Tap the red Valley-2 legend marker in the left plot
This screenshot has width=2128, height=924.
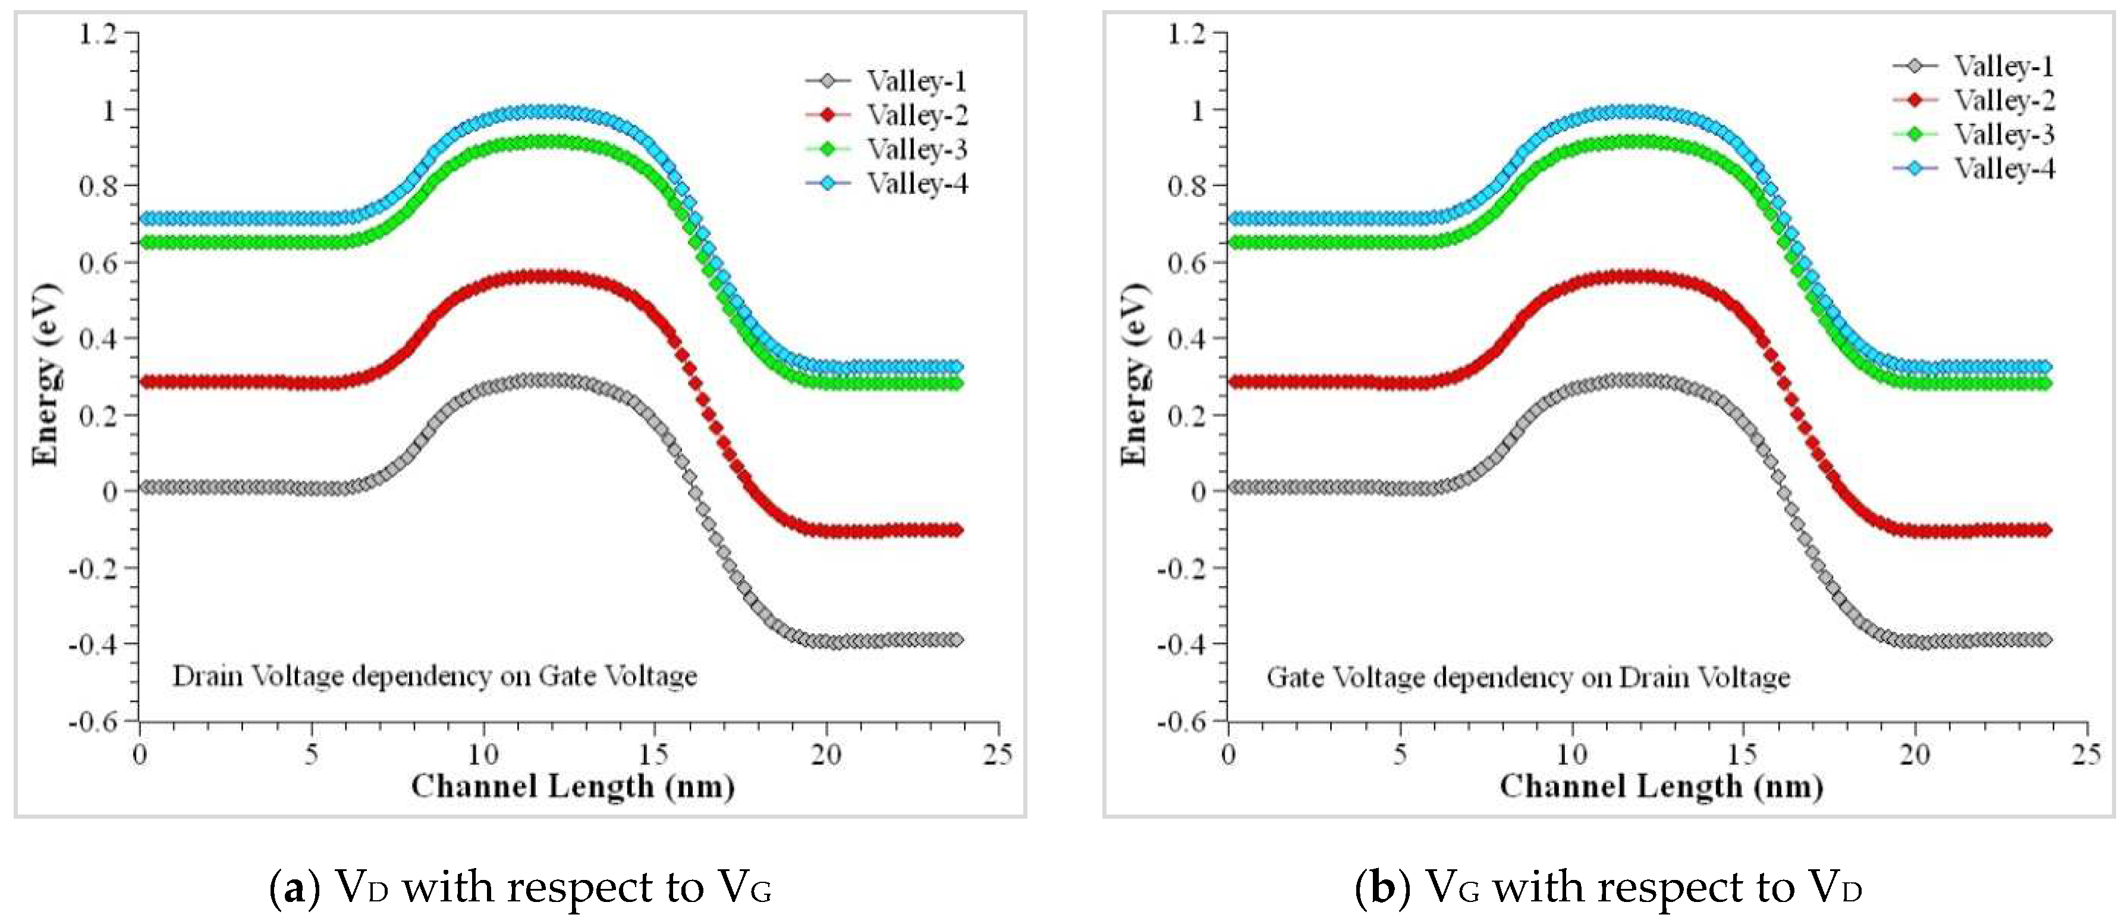pos(827,115)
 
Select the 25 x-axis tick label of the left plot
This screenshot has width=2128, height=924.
pos(998,754)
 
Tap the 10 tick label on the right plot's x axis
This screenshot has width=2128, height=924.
pos(1571,754)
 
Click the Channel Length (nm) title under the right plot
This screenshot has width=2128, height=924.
pos(1661,786)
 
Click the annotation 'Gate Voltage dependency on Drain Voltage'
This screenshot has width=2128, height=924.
pos(1528,678)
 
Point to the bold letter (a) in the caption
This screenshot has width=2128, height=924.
pos(291,888)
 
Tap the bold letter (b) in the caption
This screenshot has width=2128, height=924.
pos(1377,888)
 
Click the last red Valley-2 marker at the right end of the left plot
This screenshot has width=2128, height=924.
pos(955,530)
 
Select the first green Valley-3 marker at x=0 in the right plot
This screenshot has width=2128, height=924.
pos(1233,242)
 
